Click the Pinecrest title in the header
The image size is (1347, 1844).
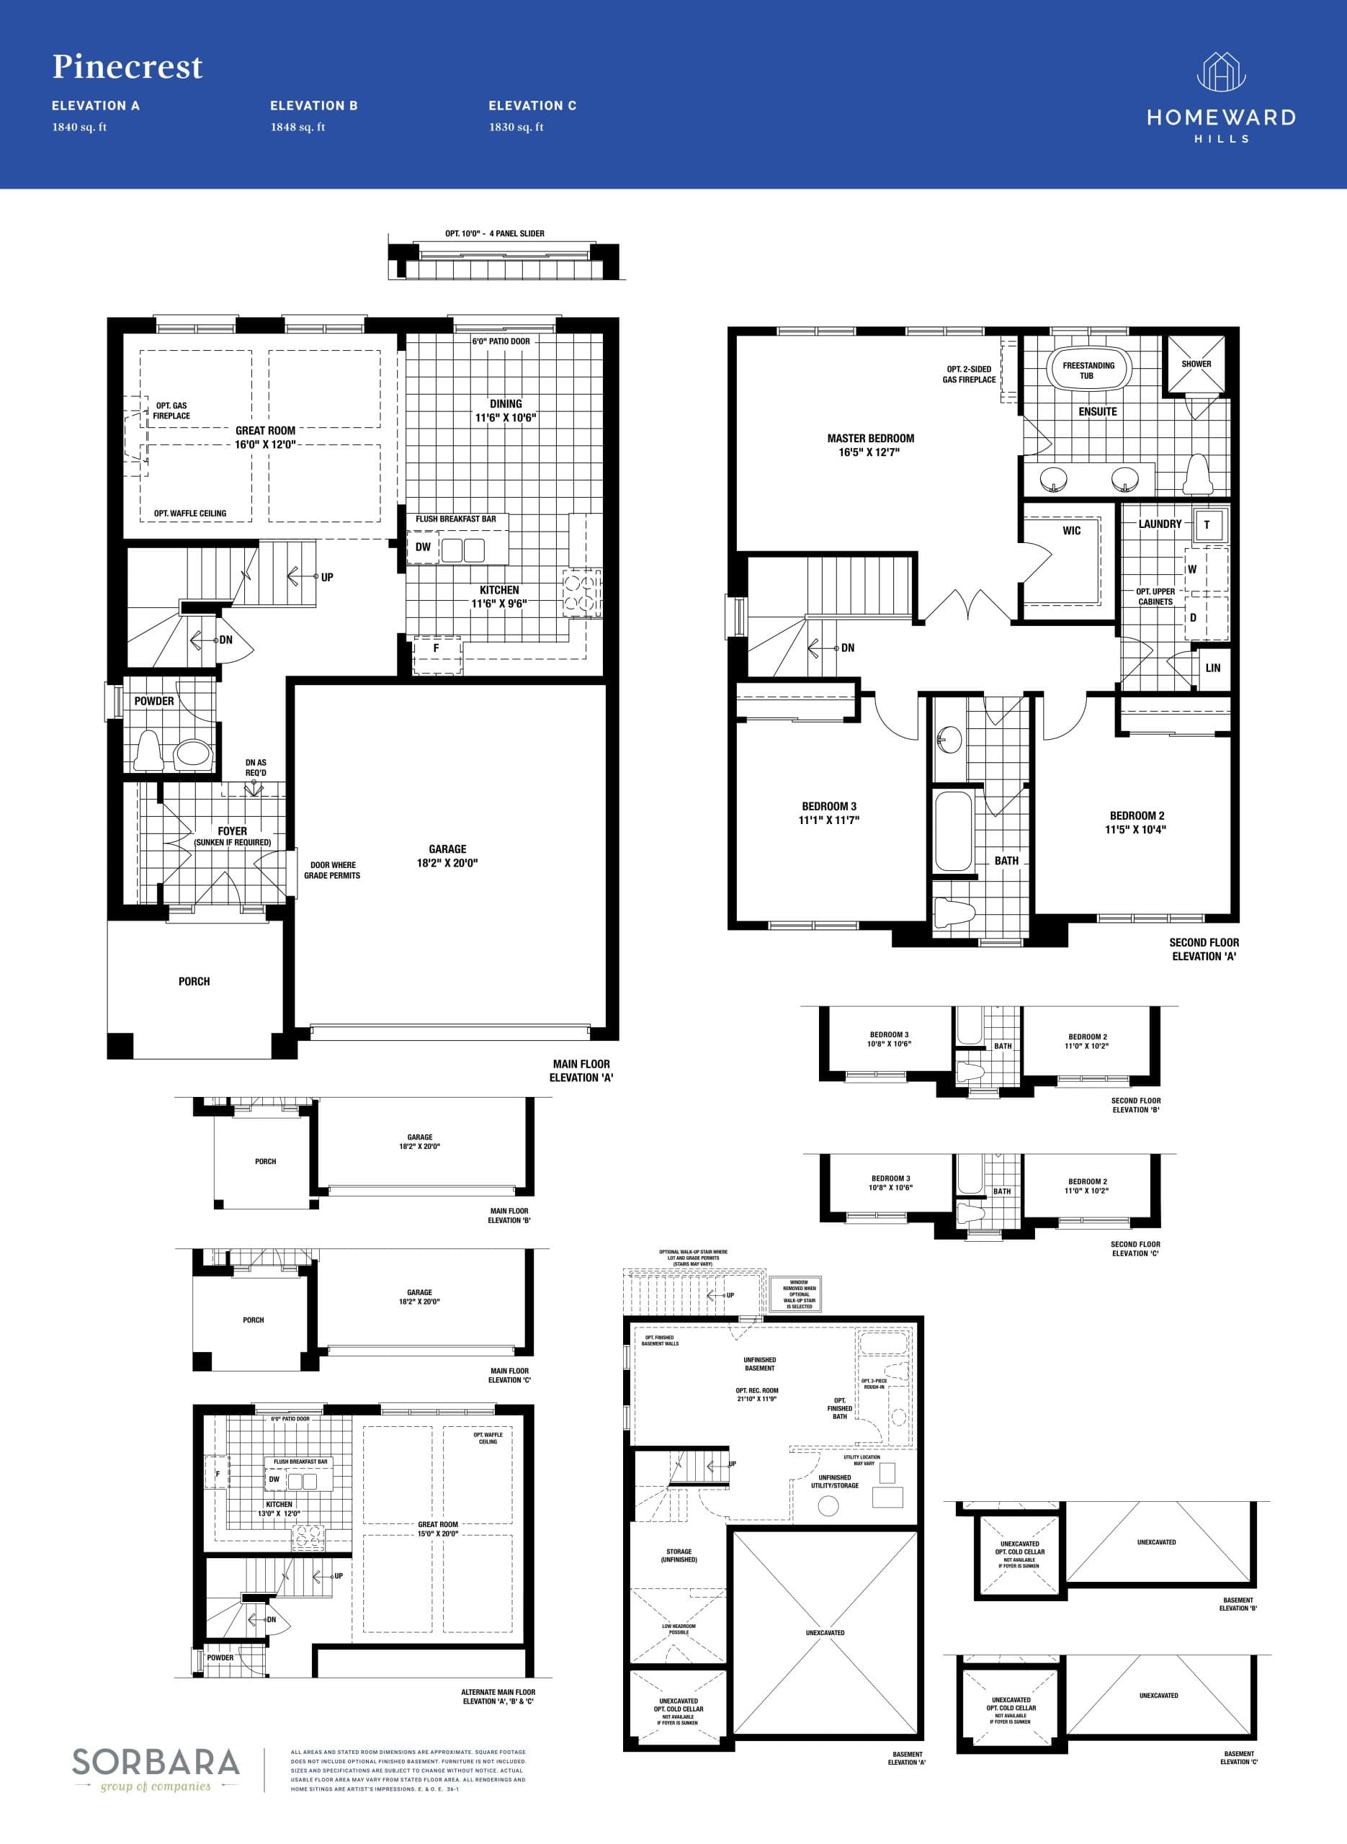[127, 67]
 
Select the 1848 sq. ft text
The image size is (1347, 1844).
[297, 127]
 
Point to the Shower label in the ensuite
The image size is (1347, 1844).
[1196, 364]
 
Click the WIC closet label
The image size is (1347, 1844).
[1071, 531]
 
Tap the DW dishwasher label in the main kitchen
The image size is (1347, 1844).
[422, 547]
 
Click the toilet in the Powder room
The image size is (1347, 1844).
[148, 750]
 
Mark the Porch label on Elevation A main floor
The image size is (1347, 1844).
[194, 982]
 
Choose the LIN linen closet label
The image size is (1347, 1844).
[1212, 668]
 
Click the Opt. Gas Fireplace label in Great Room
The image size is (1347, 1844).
[171, 411]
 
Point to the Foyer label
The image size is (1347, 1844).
[233, 831]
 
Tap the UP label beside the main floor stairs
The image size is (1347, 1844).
[327, 577]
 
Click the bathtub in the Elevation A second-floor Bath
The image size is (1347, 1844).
[953, 831]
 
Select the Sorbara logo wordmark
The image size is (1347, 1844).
[156, 1763]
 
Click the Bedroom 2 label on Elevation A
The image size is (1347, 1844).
[1137, 815]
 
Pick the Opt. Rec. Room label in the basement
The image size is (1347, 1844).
[756, 1391]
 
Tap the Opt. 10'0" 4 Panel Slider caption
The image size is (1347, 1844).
[494, 234]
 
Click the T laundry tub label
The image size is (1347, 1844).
[1207, 525]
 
